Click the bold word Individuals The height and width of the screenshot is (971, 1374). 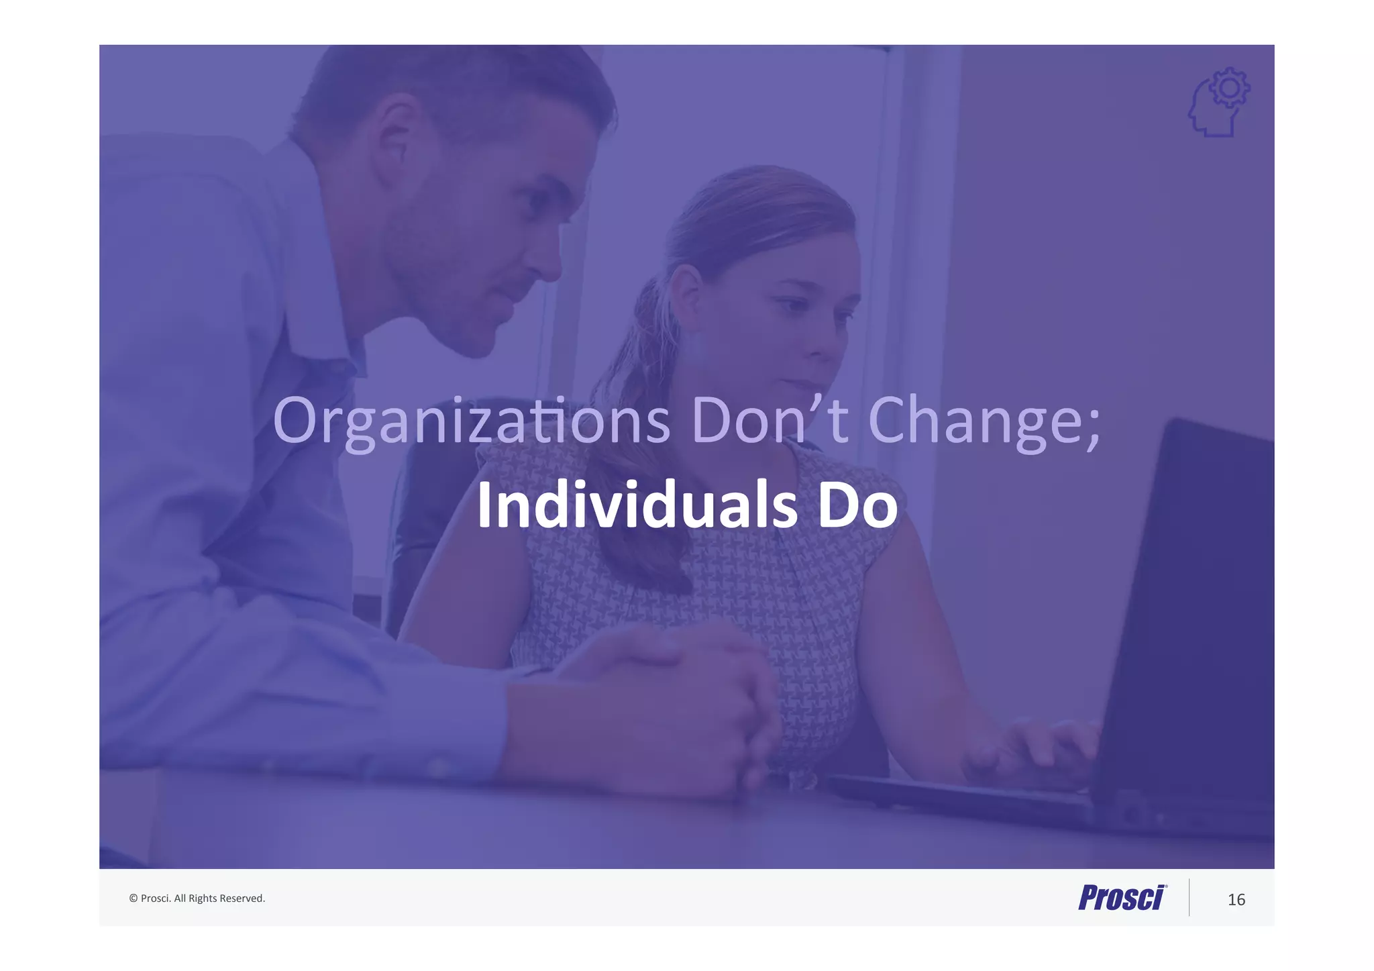click(x=637, y=505)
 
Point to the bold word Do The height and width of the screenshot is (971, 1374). click(x=857, y=505)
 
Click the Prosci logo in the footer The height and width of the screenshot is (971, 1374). click(x=1122, y=897)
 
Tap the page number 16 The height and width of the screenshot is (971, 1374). click(x=1236, y=899)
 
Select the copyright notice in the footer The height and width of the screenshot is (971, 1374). click(x=197, y=898)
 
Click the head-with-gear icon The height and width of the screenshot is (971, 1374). click(x=1217, y=104)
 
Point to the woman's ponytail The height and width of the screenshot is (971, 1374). click(x=637, y=483)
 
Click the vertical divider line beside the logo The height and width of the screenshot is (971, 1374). click(x=1189, y=897)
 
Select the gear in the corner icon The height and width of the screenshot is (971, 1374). click(x=1230, y=88)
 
